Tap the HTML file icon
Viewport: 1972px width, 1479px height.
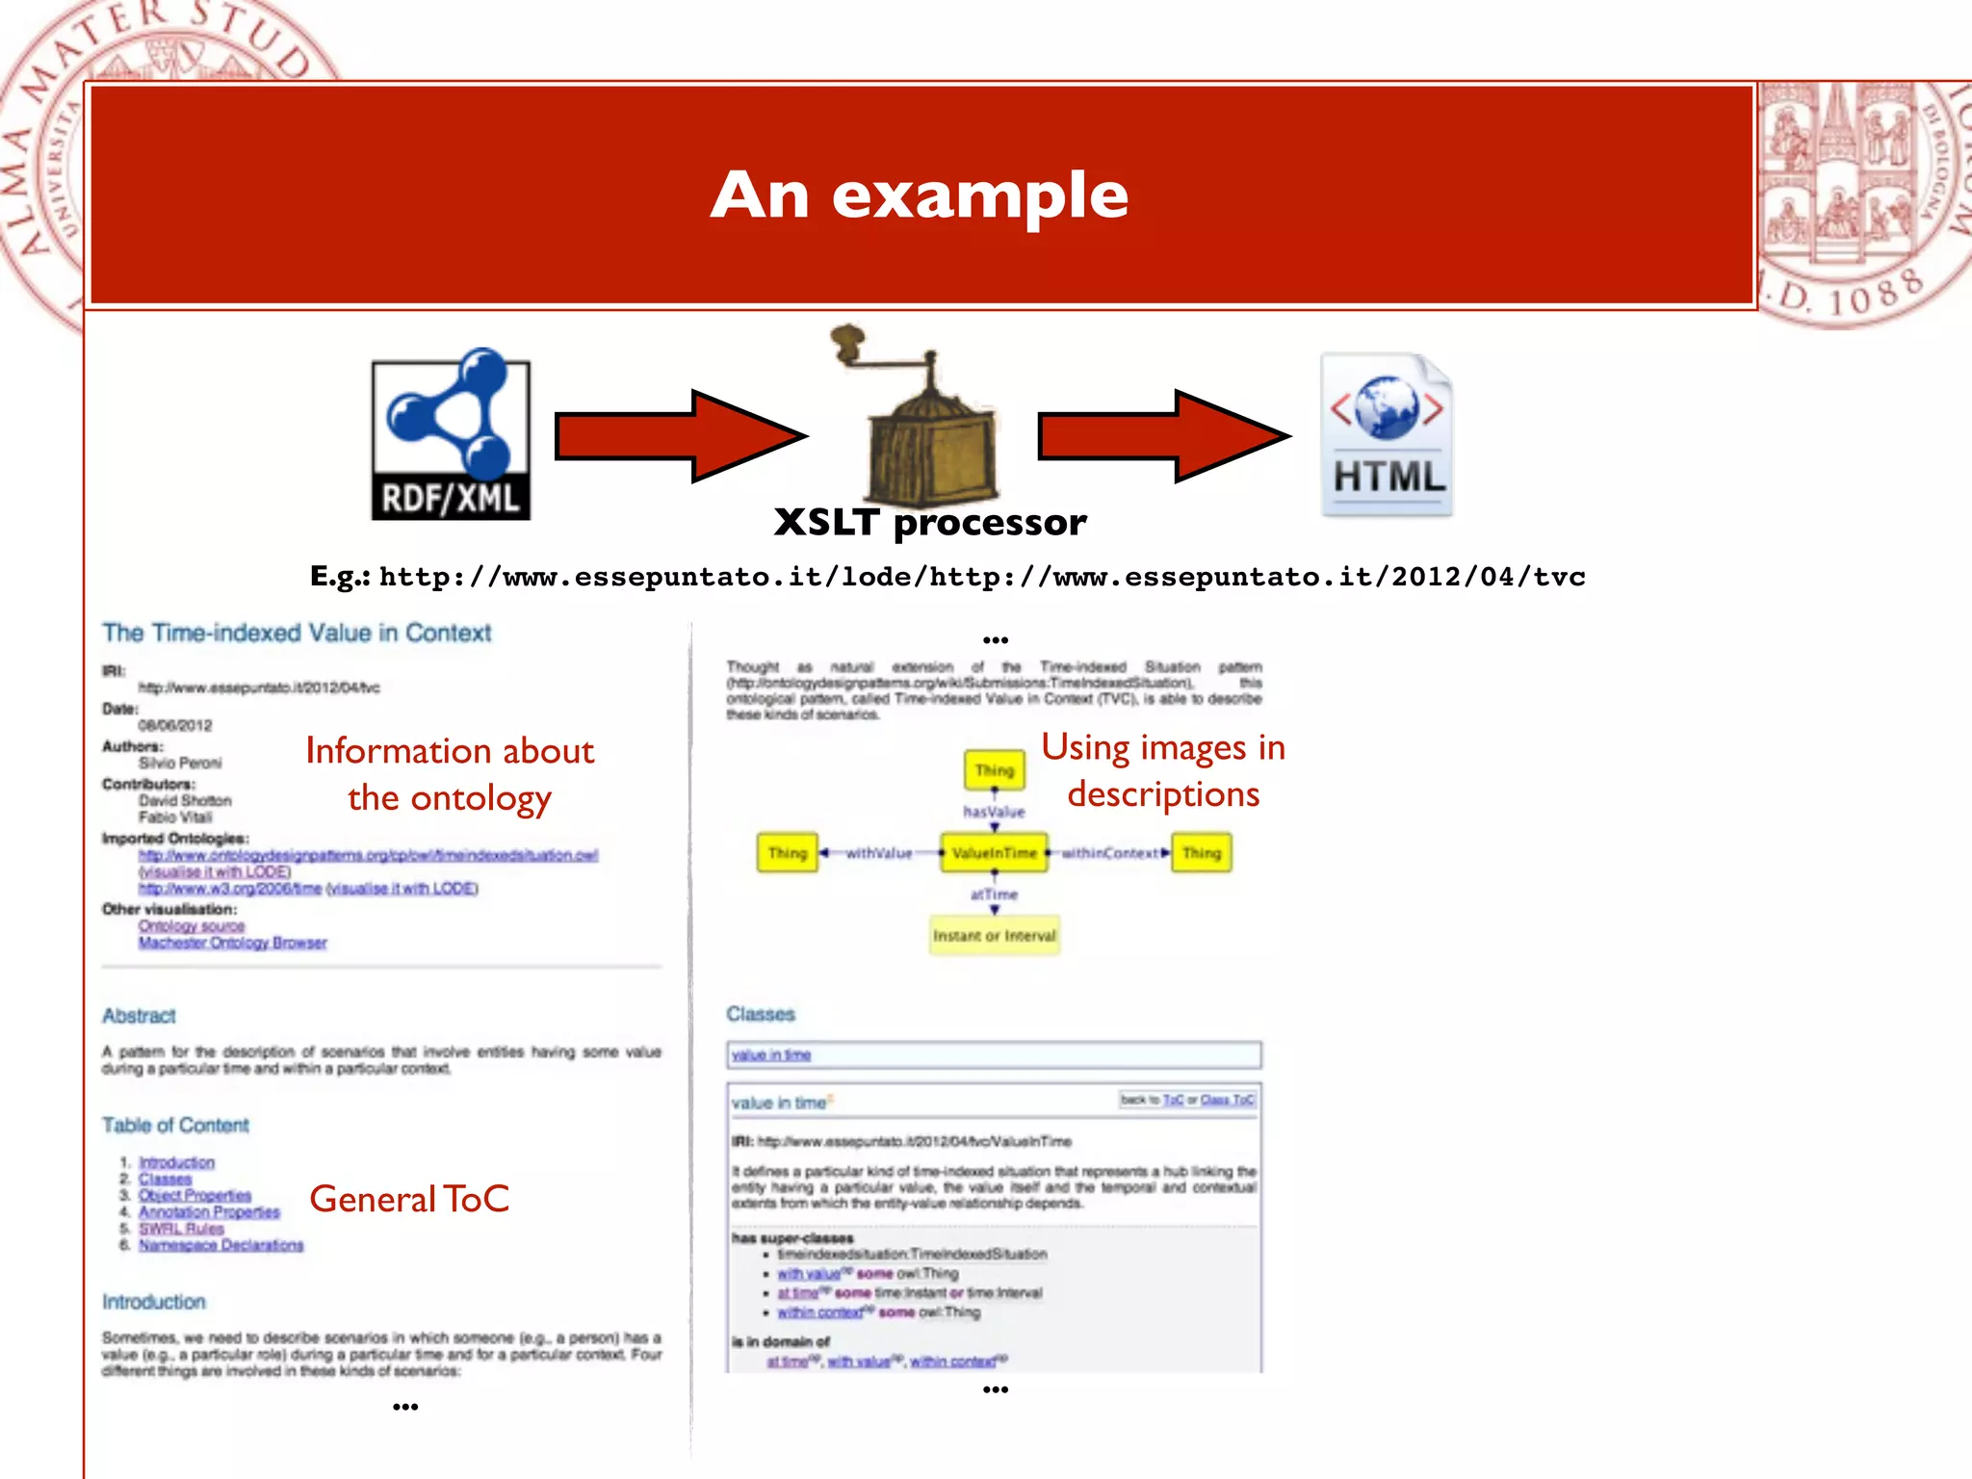1387,436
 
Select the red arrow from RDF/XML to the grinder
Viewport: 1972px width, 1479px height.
680,436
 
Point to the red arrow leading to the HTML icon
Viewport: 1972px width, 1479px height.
1163,436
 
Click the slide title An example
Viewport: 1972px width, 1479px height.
920,195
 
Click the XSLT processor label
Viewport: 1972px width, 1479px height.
930,523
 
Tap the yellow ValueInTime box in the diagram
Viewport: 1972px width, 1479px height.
994,853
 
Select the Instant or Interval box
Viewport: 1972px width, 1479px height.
994,935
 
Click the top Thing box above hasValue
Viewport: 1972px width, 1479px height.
994,770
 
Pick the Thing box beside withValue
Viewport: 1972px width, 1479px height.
787,853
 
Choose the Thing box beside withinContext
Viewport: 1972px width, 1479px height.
1201,853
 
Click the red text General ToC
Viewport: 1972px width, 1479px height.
409,1200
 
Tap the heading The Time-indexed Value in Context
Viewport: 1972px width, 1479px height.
297,633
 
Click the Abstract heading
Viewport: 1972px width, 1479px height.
140,1016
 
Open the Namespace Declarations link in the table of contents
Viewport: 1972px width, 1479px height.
221,1245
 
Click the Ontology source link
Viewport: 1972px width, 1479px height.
192,926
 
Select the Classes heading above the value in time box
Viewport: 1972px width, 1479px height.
761,1014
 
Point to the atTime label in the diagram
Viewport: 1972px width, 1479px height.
994,895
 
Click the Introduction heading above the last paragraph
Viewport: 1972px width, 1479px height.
154,1302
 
